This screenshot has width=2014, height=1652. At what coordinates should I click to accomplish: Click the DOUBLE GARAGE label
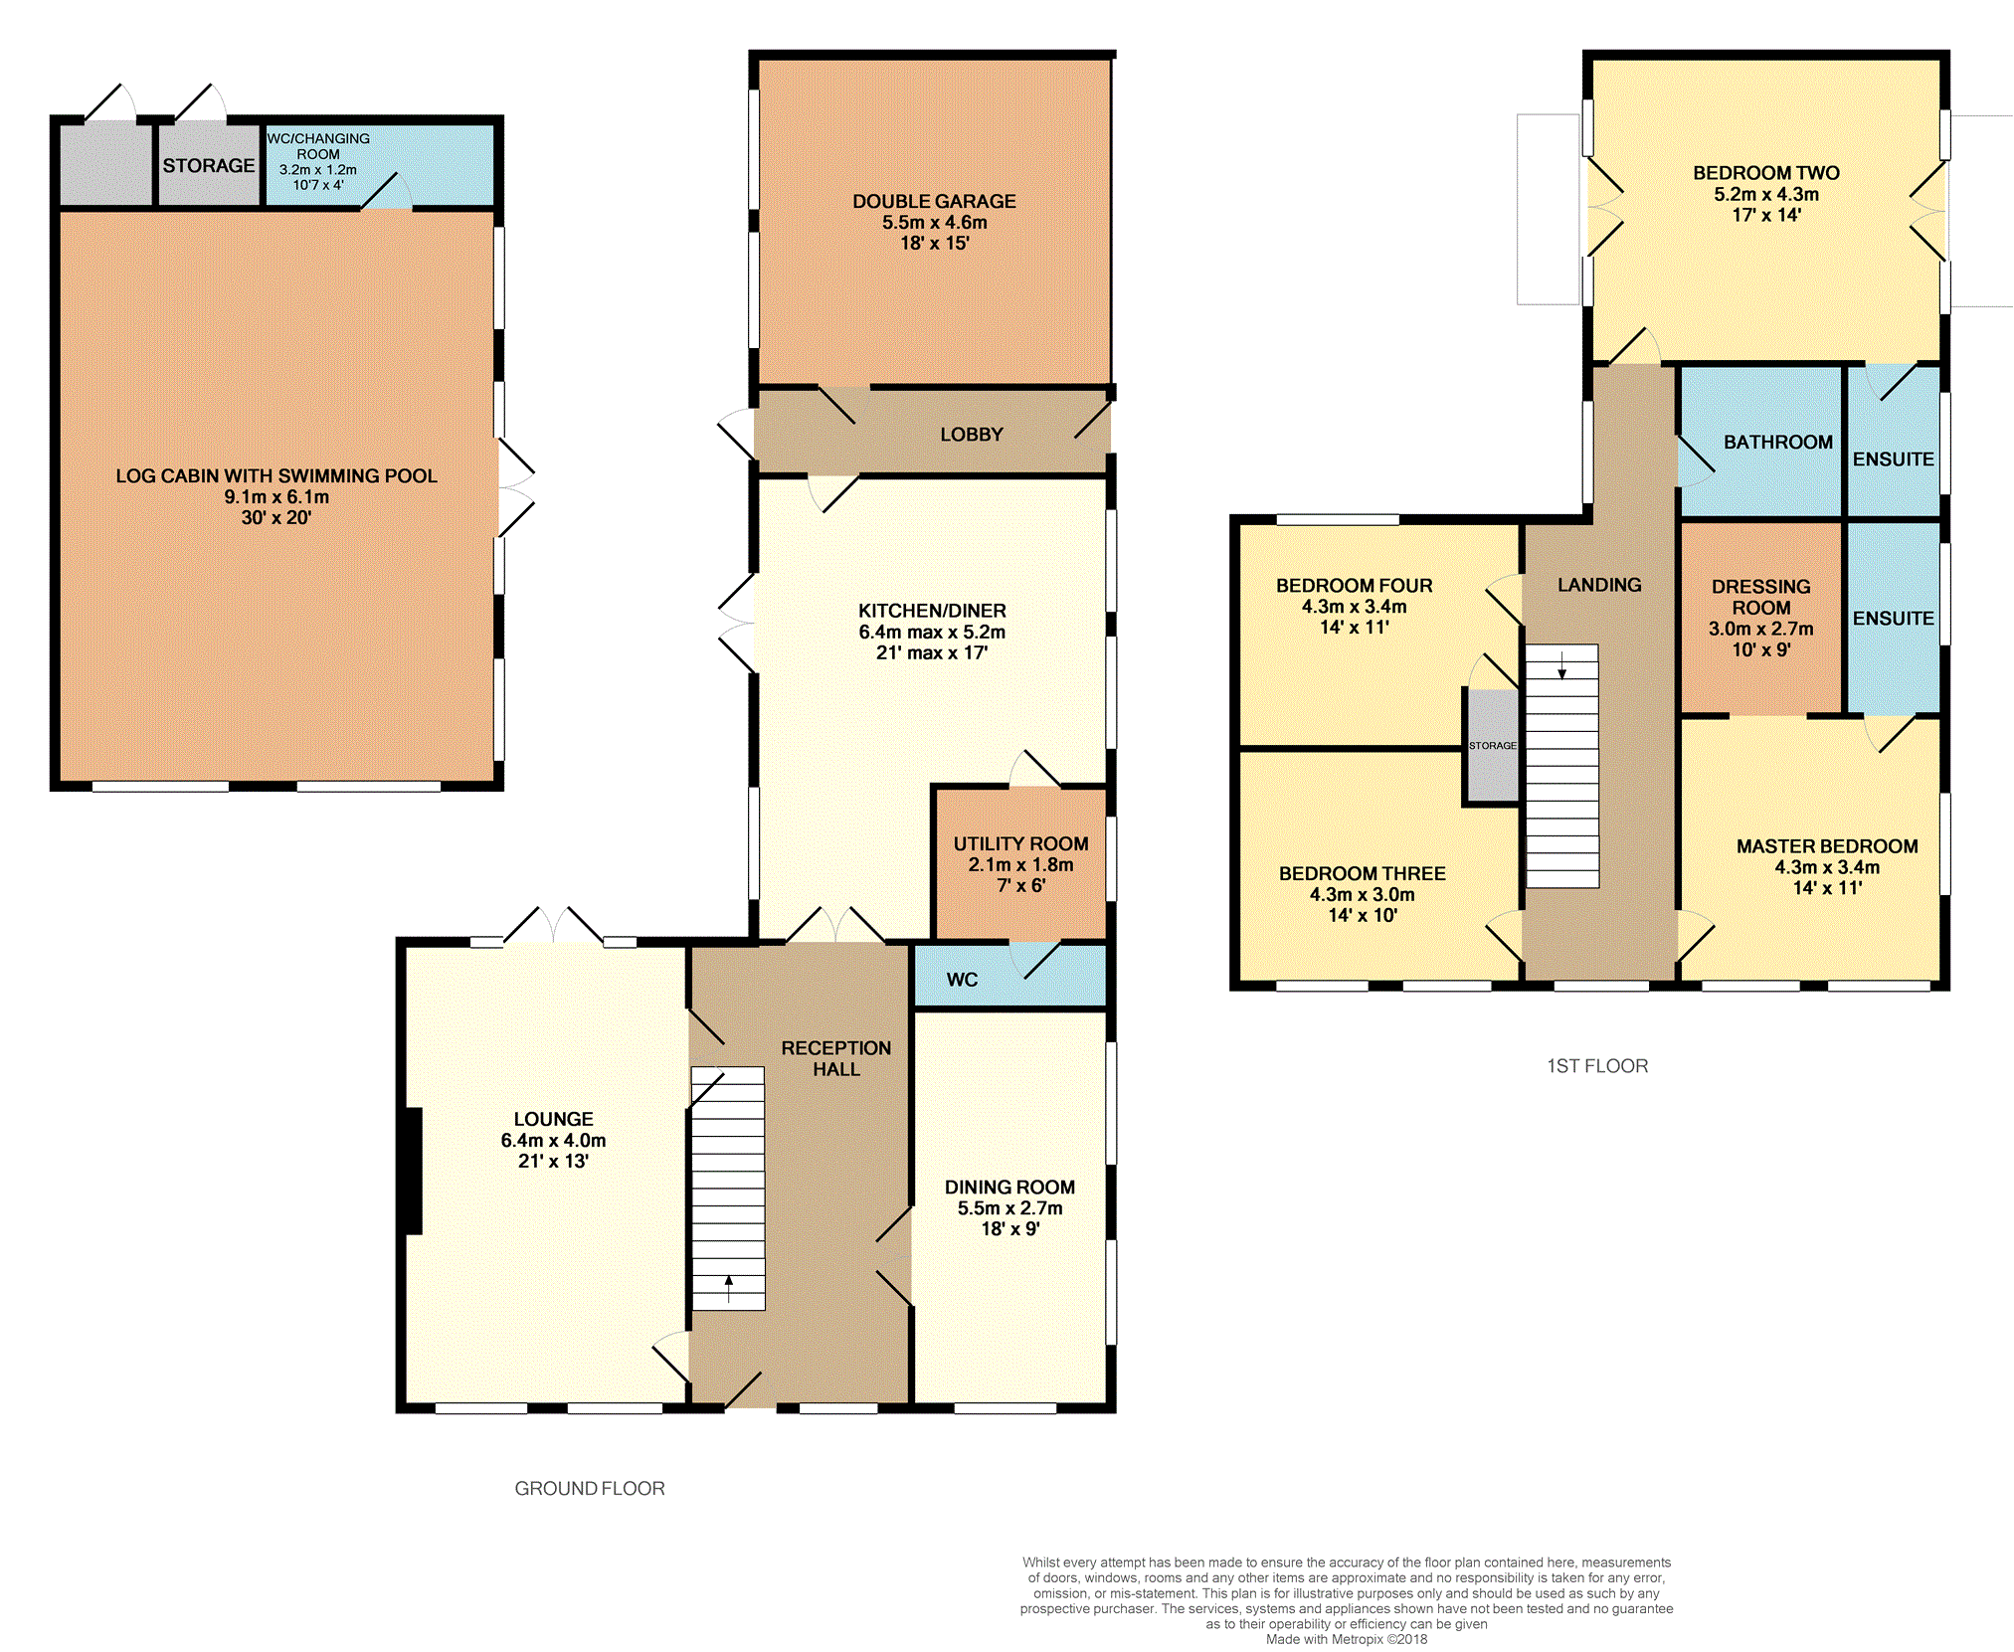click(934, 201)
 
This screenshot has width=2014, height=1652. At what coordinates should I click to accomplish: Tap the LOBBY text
click(971, 435)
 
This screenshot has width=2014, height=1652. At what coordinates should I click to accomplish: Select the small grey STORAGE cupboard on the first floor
click(1491, 746)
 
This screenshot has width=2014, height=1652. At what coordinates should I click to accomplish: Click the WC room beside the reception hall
click(962, 980)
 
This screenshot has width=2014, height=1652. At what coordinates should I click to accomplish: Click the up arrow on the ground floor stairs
click(729, 1288)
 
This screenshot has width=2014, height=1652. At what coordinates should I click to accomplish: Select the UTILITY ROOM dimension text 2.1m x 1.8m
click(1020, 865)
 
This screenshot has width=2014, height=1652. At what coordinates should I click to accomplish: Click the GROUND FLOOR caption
click(589, 1489)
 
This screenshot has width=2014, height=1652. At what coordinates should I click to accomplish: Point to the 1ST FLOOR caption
click(1597, 1066)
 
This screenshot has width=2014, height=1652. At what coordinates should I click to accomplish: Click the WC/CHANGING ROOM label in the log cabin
click(318, 146)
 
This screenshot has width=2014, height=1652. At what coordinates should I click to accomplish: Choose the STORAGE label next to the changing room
click(209, 166)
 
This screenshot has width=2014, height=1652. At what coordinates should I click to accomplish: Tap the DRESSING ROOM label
click(1760, 597)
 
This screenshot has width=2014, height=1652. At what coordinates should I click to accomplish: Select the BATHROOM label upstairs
click(1777, 443)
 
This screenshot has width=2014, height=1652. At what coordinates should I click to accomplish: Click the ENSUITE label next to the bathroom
click(1893, 459)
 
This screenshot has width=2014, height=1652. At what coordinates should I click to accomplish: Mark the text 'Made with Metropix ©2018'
click(1346, 1639)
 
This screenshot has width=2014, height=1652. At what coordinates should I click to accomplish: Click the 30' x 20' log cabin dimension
click(275, 518)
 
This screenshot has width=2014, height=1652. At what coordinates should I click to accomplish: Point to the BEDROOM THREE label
click(1362, 873)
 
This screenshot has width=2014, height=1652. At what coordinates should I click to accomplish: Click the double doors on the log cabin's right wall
click(514, 487)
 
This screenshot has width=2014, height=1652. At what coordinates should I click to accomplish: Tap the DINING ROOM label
click(1009, 1188)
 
